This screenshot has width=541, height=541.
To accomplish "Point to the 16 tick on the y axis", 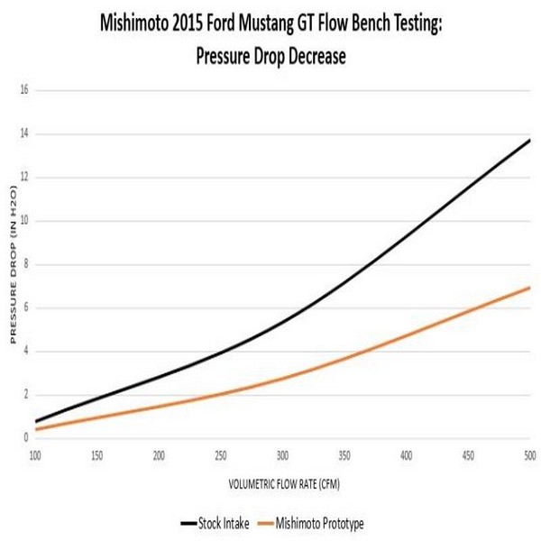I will pyautogui.click(x=24, y=90).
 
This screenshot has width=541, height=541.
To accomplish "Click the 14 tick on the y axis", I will pyautogui.click(x=24, y=133).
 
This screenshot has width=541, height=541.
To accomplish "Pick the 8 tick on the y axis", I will pyautogui.click(x=26, y=264).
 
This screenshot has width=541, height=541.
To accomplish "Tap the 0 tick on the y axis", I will pyautogui.click(x=26, y=438).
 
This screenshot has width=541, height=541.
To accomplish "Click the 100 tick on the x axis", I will pyautogui.click(x=36, y=454).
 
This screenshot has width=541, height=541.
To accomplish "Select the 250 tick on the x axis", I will pyautogui.click(x=221, y=454).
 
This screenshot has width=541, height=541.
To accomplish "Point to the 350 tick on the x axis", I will pyautogui.click(x=344, y=454).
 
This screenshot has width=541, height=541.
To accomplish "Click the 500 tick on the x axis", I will pyautogui.click(x=528, y=454).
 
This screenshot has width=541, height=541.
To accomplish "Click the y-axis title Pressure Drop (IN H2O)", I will pyautogui.click(x=14, y=265).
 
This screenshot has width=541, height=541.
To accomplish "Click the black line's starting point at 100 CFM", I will pyautogui.click(x=36, y=421).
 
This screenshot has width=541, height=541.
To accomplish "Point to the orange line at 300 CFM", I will pyautogui.click(x=282, y=378).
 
